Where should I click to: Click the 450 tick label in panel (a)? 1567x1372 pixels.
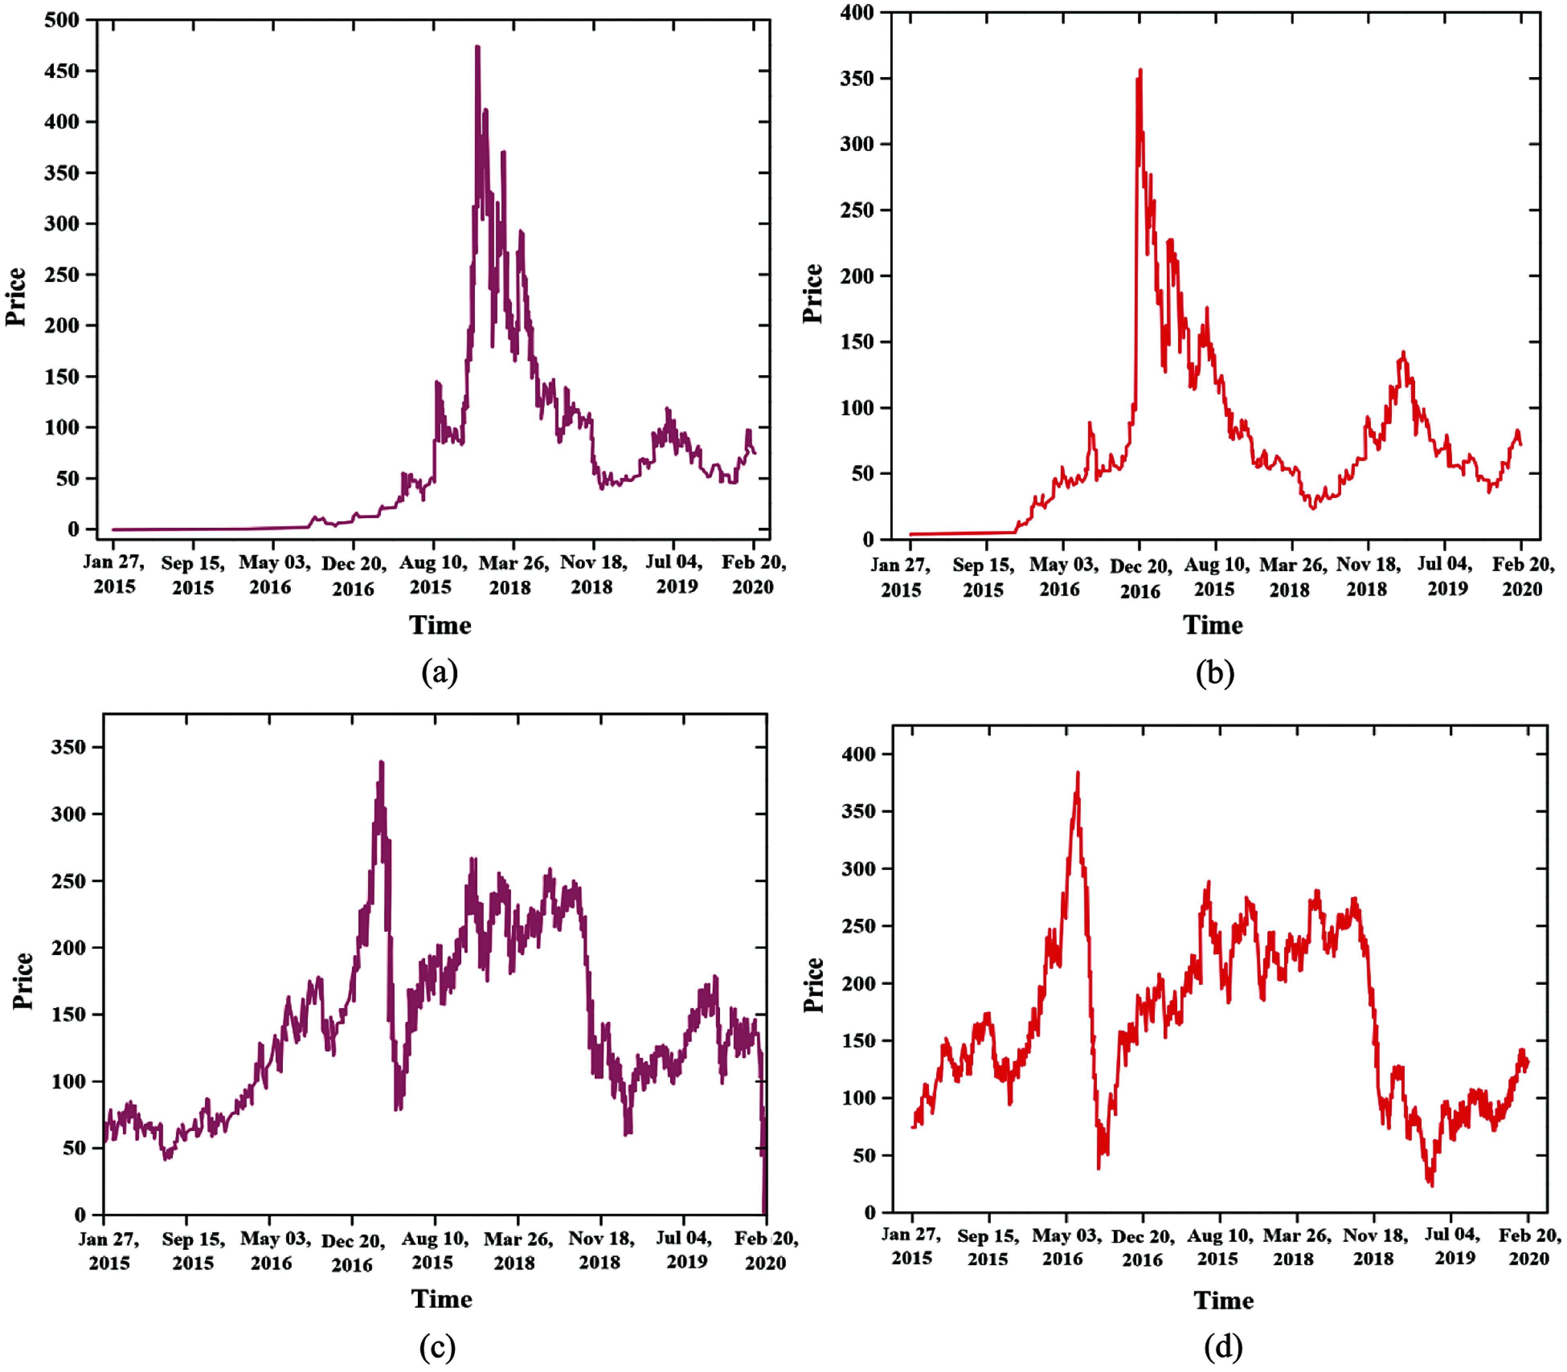point(61,71)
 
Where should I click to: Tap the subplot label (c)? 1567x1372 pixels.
point(437,1345)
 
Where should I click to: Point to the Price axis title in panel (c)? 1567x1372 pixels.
point(23,981)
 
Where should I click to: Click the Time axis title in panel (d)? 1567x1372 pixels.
point(1223,1300)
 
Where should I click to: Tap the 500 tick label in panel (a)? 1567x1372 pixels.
point(61,20)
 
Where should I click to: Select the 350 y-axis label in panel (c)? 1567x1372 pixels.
point(68,747)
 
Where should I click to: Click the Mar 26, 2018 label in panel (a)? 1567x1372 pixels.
point(513,575)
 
